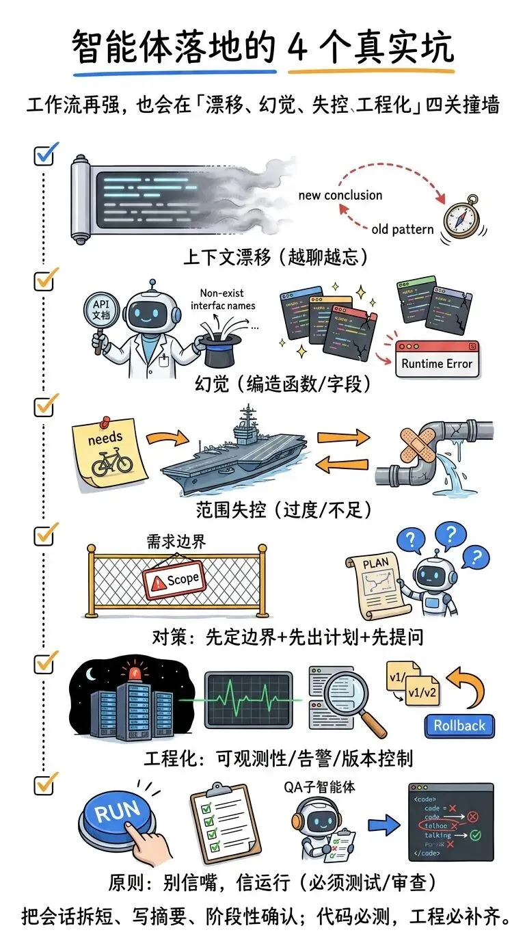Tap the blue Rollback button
[459, 726]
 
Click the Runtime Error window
[437, 360]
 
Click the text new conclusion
[340, 195]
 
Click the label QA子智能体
[320, 787]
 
